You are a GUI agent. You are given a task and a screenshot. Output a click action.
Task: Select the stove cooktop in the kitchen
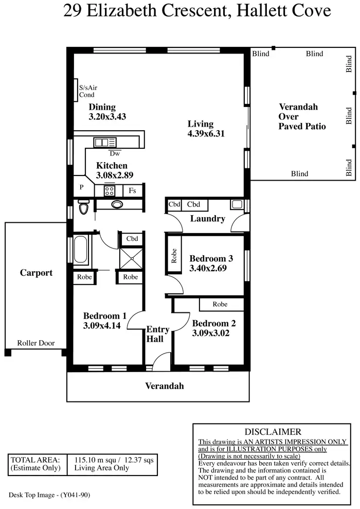(110, 191)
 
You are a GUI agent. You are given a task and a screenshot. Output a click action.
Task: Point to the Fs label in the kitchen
(133, 191)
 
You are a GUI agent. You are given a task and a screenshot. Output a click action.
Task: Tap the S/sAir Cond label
(88, 92)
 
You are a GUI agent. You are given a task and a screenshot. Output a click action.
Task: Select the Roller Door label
(35, 343)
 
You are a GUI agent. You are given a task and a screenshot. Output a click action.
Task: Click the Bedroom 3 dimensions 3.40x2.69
(208, 268)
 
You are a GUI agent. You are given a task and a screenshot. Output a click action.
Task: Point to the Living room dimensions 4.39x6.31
(207, 134)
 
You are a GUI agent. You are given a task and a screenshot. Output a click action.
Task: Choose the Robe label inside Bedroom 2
(220, 304)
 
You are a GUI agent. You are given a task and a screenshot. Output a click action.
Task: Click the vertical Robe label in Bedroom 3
(174, 256)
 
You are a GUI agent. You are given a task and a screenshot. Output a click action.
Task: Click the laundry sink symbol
(237, 204)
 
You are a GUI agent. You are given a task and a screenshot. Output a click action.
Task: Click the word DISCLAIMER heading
(273, 432)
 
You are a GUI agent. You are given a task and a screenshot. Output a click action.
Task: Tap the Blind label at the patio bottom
(299, 174)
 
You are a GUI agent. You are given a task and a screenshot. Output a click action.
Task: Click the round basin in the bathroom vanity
(118, 204)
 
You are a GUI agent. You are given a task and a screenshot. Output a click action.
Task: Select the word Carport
(36, 273)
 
